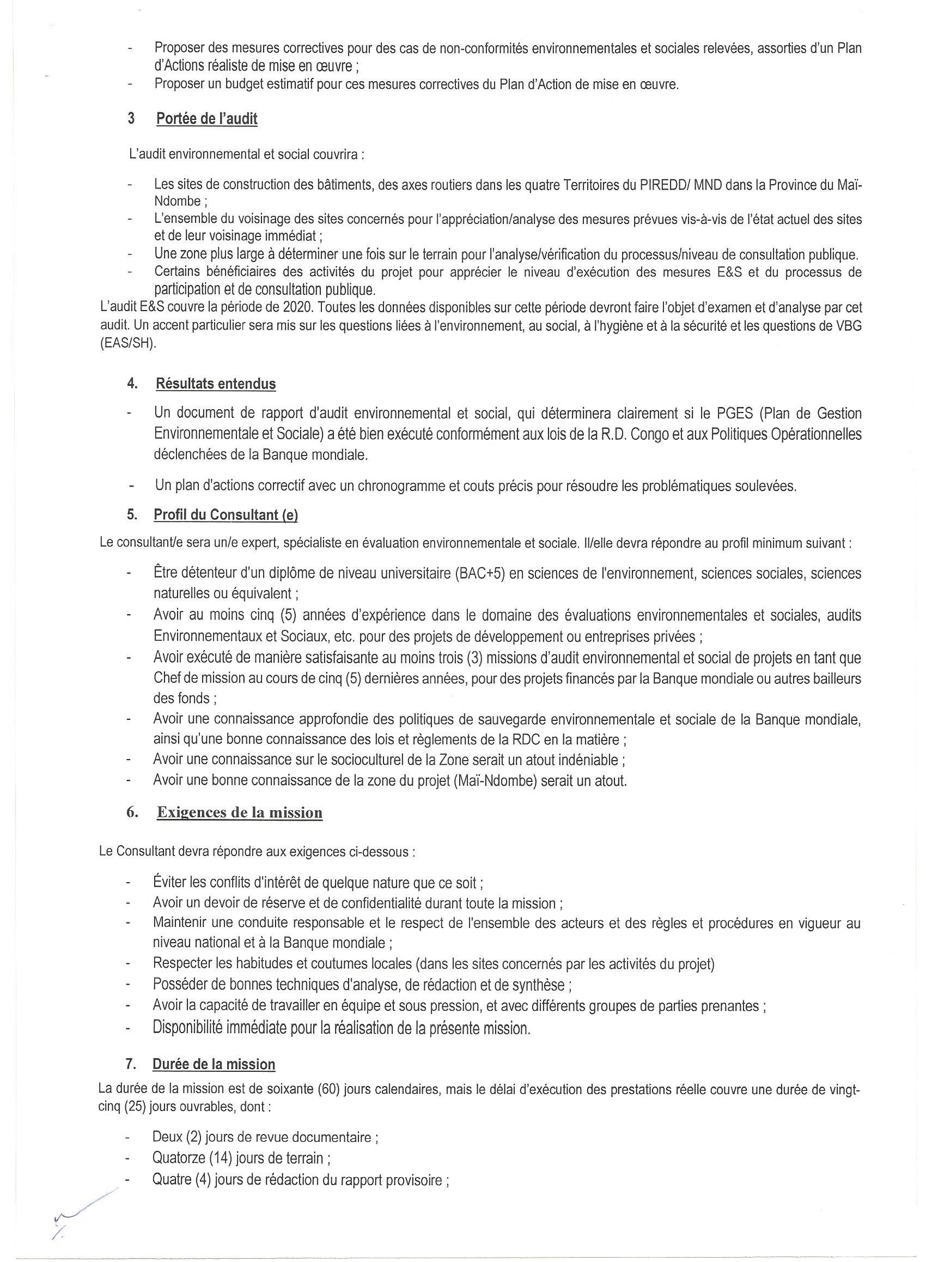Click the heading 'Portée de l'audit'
pyautogui.click(x=207, y=119)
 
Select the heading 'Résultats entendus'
pyautogui.click(x=216, y=384)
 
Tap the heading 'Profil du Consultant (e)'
pyautogui.click(x=226, y=515)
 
